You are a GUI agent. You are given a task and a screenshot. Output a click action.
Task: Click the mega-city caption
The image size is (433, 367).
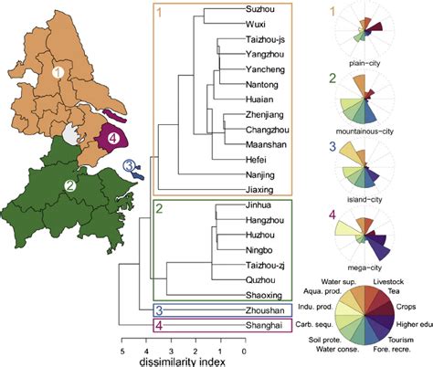[371, 268]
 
